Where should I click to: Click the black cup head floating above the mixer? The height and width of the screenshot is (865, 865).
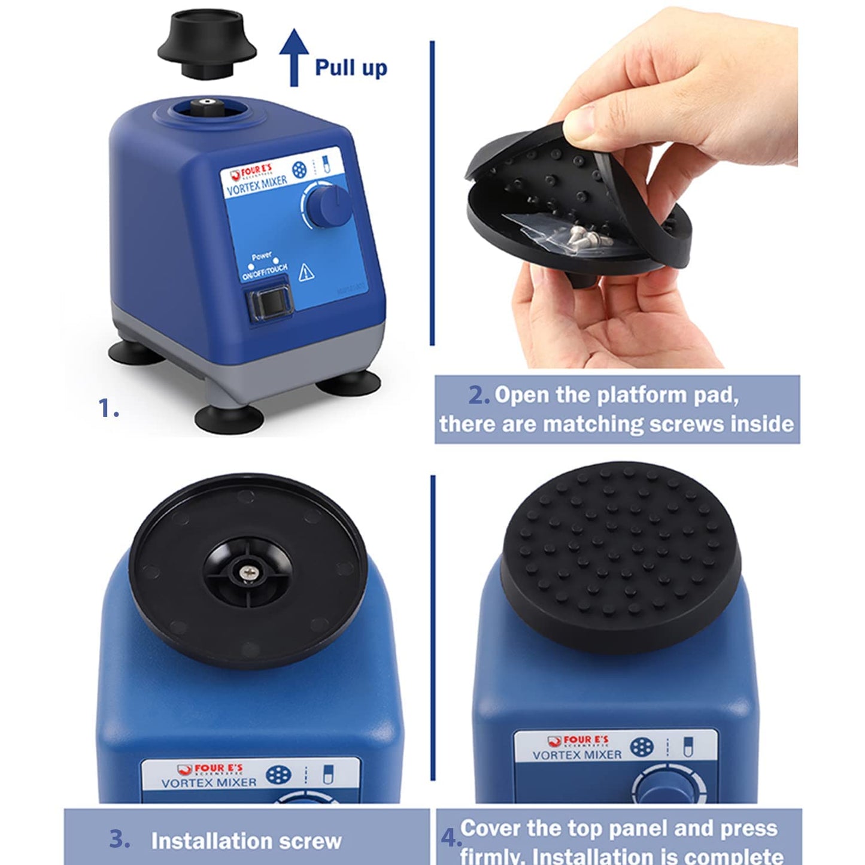click(207, 47)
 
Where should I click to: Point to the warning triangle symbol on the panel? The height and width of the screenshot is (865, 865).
click(306, 273)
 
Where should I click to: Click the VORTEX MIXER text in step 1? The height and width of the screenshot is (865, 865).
click(257, 186)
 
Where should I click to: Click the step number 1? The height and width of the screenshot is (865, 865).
click(108, 408)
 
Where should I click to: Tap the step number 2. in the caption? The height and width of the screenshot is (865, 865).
click(479, 395)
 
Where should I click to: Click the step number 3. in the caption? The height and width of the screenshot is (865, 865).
click(120, 839)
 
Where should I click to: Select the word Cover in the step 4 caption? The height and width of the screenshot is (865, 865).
click(491, 828)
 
